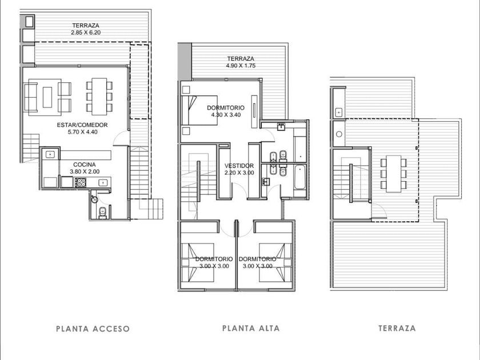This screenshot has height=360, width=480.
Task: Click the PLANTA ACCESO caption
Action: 93,329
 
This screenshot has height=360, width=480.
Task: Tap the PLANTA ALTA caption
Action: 251,328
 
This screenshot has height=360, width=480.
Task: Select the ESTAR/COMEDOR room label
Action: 82,125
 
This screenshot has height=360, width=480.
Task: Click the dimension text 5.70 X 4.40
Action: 82,132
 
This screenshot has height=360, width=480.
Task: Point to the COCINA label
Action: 85,165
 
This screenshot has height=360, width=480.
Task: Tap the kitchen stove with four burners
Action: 81,182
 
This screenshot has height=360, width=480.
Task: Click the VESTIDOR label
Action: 239,166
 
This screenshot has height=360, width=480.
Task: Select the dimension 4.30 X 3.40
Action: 226,115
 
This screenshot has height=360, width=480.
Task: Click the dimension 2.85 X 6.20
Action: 86,33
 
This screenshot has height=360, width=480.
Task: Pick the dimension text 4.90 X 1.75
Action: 241,66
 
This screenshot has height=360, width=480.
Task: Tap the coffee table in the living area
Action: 47,97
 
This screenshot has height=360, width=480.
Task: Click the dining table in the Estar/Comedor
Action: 99,97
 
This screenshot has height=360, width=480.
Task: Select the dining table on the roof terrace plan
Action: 394,174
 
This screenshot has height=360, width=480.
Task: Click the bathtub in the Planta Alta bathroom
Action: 299,177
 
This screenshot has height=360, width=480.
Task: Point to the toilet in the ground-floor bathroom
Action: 102,212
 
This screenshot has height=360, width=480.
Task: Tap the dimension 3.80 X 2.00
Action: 85,172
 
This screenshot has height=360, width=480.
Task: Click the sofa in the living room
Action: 30,97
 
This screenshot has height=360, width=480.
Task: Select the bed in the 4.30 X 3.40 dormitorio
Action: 199,110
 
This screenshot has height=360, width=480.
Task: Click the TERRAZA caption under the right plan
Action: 397,329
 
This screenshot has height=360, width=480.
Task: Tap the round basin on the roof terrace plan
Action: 339,134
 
